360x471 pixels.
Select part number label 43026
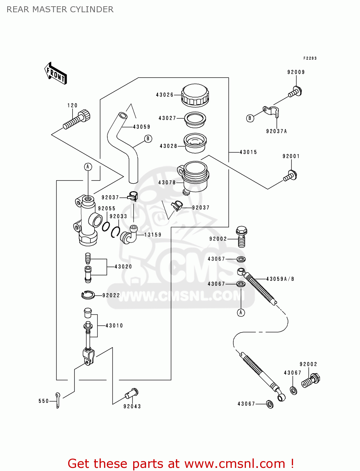pyautogui.click(x=165, y=95)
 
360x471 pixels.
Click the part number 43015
pyautogui.click(x=248, y=152)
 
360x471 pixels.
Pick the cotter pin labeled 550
pyautogui.click(x=58, y=400)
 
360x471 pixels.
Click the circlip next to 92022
pyautogui.click(x=88, y=295)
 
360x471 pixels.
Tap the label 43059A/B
pyautogui.click(x=280, y=279)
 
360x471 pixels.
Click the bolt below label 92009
pyautogui.click(x=295, y=92)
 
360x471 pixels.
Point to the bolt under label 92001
pyautogui.click(x=291, y=176)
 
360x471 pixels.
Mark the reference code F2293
pyautogui.click(x=310, y=58)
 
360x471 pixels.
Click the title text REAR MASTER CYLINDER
pyautogui.click(x=60, y=9)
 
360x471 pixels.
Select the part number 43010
pyautogui.click(x=114, y=326)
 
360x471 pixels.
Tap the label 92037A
pyautogui.click(x=276, y=131)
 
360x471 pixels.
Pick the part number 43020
pyautogui.click(x=123, y=267)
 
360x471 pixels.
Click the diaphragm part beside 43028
pyautogui.click(x=195, y=143)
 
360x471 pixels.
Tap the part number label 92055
pyautogui.click(x=106, y=208)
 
